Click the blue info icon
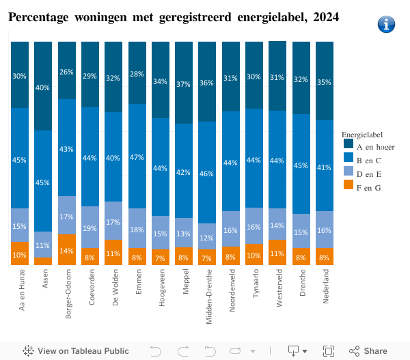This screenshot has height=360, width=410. [386, 24]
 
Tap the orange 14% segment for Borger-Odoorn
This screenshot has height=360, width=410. [67, 250]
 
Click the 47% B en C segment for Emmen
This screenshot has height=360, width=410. [137, 156]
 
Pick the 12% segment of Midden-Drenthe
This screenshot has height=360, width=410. [207, 237]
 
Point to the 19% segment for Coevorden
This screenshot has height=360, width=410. [90, 227]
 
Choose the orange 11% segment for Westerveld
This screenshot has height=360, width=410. [277, 253]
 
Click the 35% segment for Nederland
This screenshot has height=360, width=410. [325, 81]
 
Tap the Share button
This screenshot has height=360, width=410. [368, 351]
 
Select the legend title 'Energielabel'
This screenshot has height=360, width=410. [362, 135]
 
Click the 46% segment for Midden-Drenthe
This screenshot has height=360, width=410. [207, 173]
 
